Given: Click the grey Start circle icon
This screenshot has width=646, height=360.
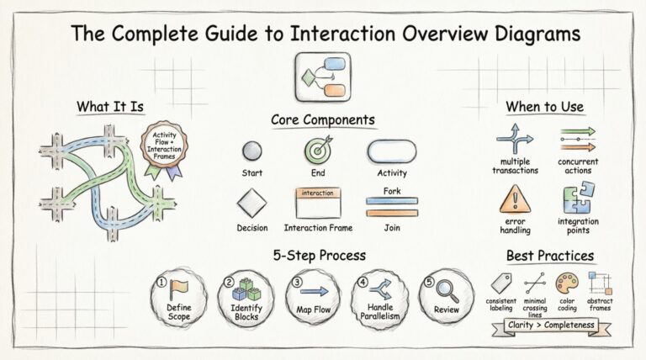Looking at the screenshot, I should (252, 152).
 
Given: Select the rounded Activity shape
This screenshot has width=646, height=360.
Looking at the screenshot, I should (391, 151).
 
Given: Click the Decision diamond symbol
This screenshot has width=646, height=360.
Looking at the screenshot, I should (252, 203).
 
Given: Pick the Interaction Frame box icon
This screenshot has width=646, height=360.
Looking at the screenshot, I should (318, 202).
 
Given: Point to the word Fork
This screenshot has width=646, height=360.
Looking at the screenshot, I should (391, 192).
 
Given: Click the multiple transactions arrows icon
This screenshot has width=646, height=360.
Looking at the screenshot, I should (514, 137).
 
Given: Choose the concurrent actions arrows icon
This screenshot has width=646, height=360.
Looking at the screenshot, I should (578, 137).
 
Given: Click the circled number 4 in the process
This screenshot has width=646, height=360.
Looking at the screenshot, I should (363, 283).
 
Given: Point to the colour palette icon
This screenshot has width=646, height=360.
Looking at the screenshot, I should (567, 282).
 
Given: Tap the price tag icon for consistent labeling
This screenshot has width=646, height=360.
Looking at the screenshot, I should (502, 283).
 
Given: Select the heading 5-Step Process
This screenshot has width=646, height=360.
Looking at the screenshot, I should (319, 255).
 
